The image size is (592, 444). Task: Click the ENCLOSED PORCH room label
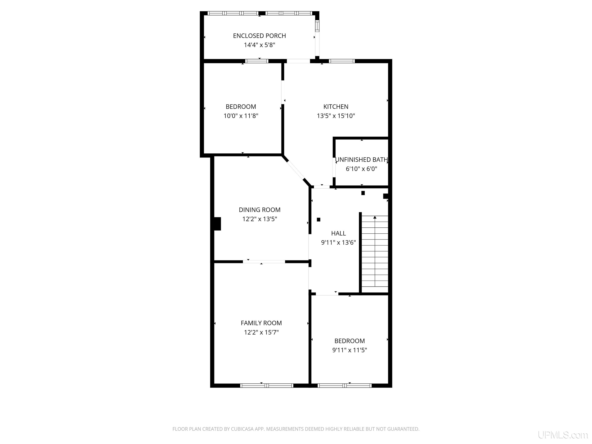(x=259, y=36)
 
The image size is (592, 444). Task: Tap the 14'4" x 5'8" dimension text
(x=259, y=45)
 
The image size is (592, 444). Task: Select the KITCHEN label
(x=336, y=107)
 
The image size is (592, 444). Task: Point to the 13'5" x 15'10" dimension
(x=336, y=116)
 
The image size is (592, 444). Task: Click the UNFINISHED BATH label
(x=361, y=160)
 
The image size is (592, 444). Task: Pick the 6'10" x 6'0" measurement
(x=361, y=169)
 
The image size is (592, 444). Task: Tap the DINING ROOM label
(x=260, y=210)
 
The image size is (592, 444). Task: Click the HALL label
(x=339, y=233)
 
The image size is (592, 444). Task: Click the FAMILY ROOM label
(x=261, y=323)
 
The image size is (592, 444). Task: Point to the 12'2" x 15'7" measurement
(x=261, y=332)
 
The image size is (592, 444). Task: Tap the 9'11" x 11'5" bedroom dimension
(x=350, y=350)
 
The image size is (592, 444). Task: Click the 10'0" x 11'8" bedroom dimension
(x=241, y=116)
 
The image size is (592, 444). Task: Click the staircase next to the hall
(x=375, y=254)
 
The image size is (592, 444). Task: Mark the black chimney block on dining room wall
(x=217, y=224)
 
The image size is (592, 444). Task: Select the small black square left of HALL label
(x=319, y=220)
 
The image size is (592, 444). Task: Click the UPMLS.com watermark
(x=563, y=435)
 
